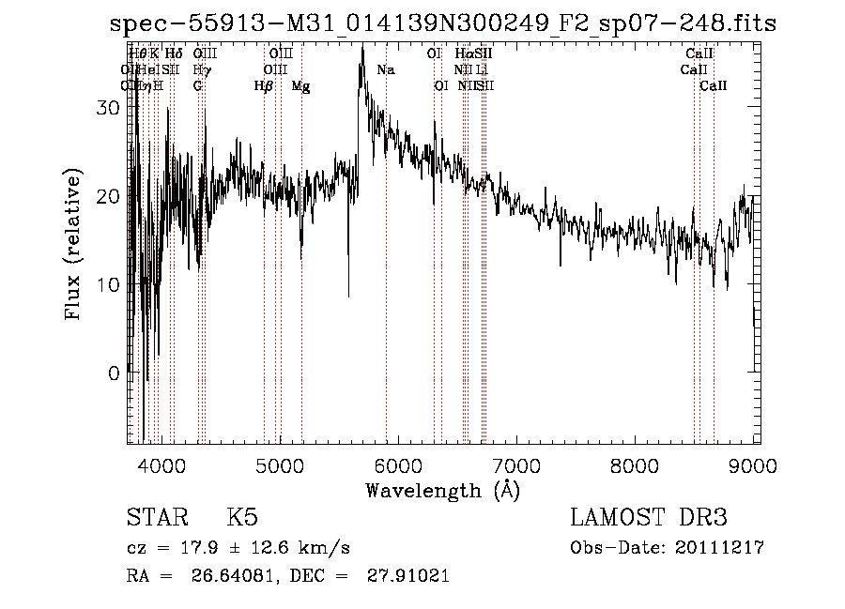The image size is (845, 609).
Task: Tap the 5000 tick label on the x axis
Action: pos(279,465)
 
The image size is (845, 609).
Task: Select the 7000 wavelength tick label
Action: pos(515,465)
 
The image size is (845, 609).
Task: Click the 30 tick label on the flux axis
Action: pos(109,108)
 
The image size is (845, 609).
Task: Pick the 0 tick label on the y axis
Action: pos(115,373)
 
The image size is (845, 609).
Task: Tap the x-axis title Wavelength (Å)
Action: pos(442,490)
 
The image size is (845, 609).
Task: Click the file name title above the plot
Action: pos(443,23)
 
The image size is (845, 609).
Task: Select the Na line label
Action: pos(386,70)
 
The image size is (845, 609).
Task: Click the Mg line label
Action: pos(300,86)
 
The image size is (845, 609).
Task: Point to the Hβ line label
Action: pos(264,86)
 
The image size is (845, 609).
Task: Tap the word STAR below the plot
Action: pos(154,518)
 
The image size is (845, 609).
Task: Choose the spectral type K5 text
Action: pos(242,518)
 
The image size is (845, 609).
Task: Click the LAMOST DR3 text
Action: pos(648,518)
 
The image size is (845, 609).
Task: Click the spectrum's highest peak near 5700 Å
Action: pos(362,47)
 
